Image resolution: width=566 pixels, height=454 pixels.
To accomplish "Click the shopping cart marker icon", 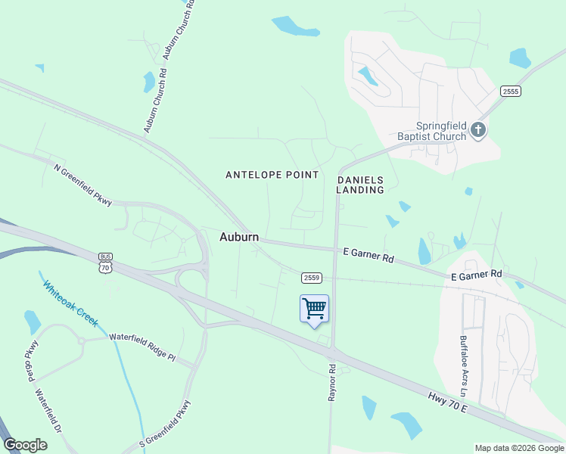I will point(314,309).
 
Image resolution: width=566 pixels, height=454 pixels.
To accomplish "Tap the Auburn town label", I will point(239,237).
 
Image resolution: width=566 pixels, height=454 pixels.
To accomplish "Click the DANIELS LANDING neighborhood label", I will point(360,185).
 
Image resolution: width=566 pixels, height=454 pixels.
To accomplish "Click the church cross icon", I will point(477,130).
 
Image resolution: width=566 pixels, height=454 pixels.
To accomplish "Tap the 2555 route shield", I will point(511,91).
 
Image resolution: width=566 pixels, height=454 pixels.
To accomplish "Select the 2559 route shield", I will point(311,278).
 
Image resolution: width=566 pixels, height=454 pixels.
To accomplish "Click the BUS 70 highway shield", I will point(104,263).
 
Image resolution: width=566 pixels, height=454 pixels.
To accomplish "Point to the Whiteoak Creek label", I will point(70,303).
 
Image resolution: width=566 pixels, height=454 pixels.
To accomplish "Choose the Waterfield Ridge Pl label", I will point(141,347).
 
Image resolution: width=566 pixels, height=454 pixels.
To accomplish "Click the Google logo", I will point(25,445).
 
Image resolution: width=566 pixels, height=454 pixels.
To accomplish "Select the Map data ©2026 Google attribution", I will point(518,448).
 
